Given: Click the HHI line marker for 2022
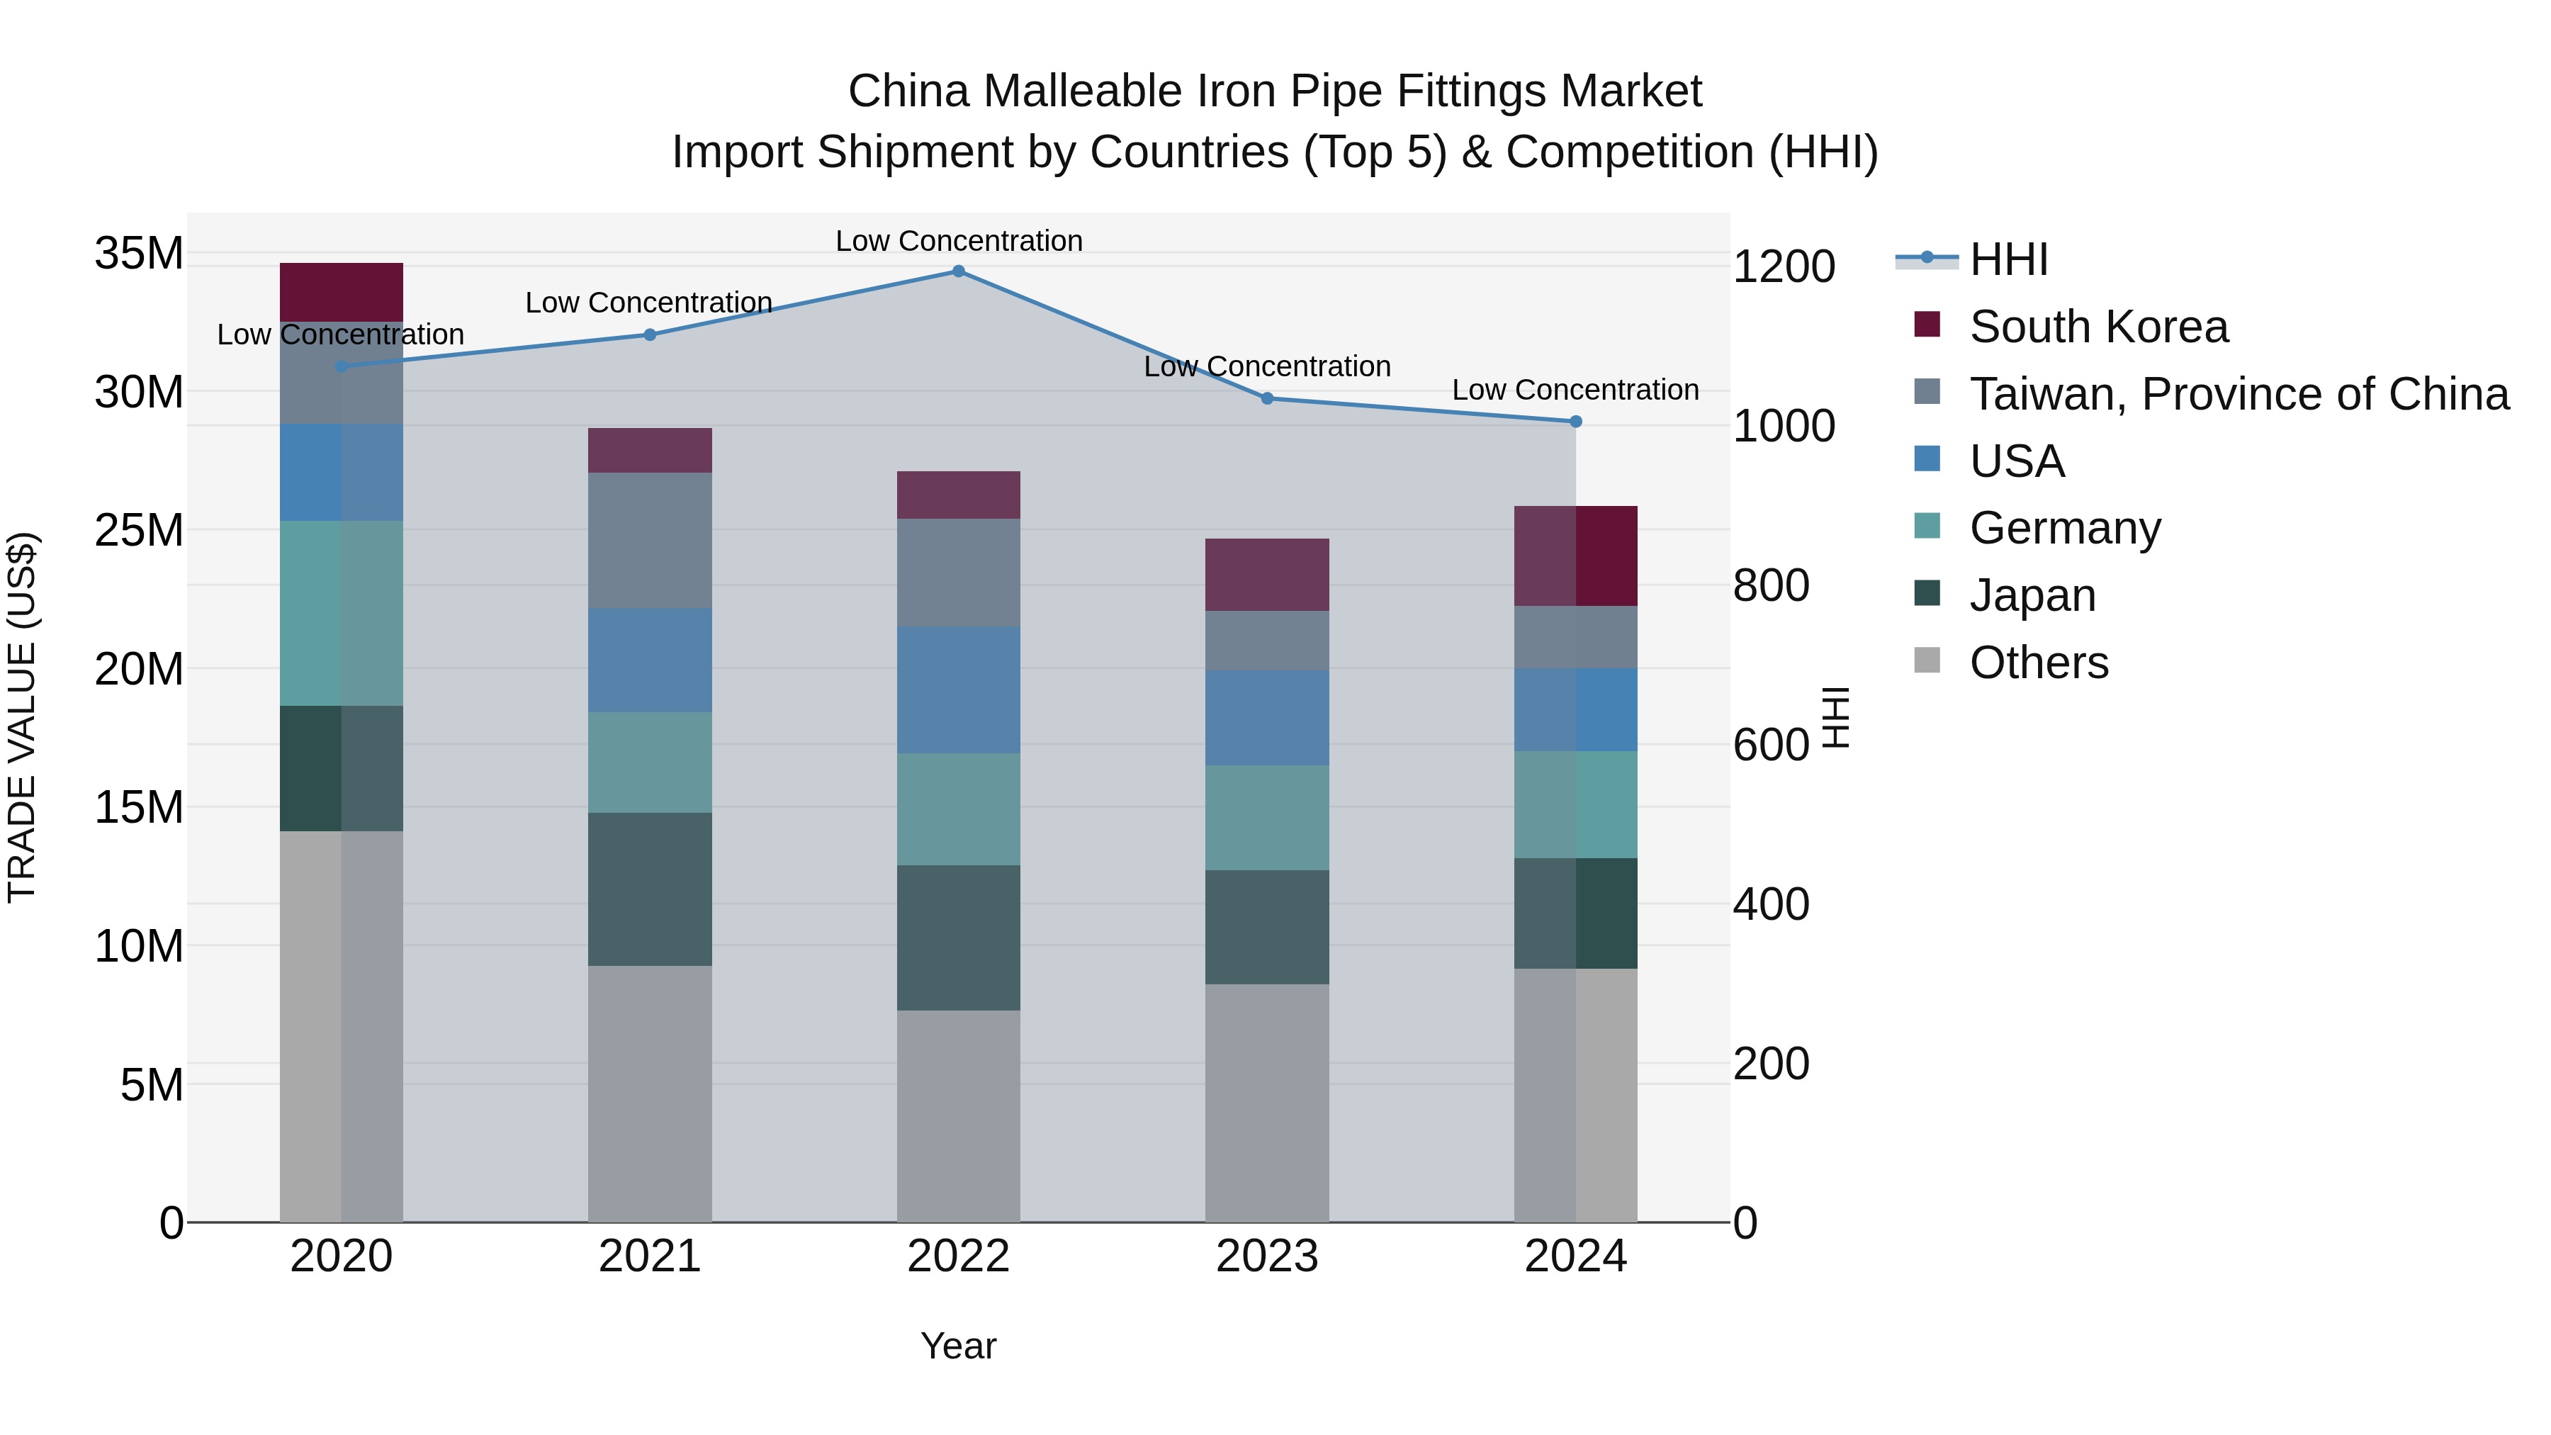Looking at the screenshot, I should click(x=959, y=271).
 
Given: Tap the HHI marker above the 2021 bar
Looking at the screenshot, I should click(x=650, y=334).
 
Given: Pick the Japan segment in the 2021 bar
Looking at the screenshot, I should click(x=650, y=889).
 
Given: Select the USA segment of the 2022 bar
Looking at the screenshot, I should click(x=959, y=690).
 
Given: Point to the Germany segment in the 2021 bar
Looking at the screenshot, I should click(x=650, y=762).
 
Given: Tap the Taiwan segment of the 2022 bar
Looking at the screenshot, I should click(x=959, y=573).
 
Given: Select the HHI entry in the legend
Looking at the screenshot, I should click(x=2007, y=259).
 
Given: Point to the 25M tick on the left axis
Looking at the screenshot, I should click(x=139, y=531).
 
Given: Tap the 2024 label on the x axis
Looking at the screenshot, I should click(x=1575, y=1256).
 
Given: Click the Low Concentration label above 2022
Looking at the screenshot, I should click(x=959, y=241).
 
